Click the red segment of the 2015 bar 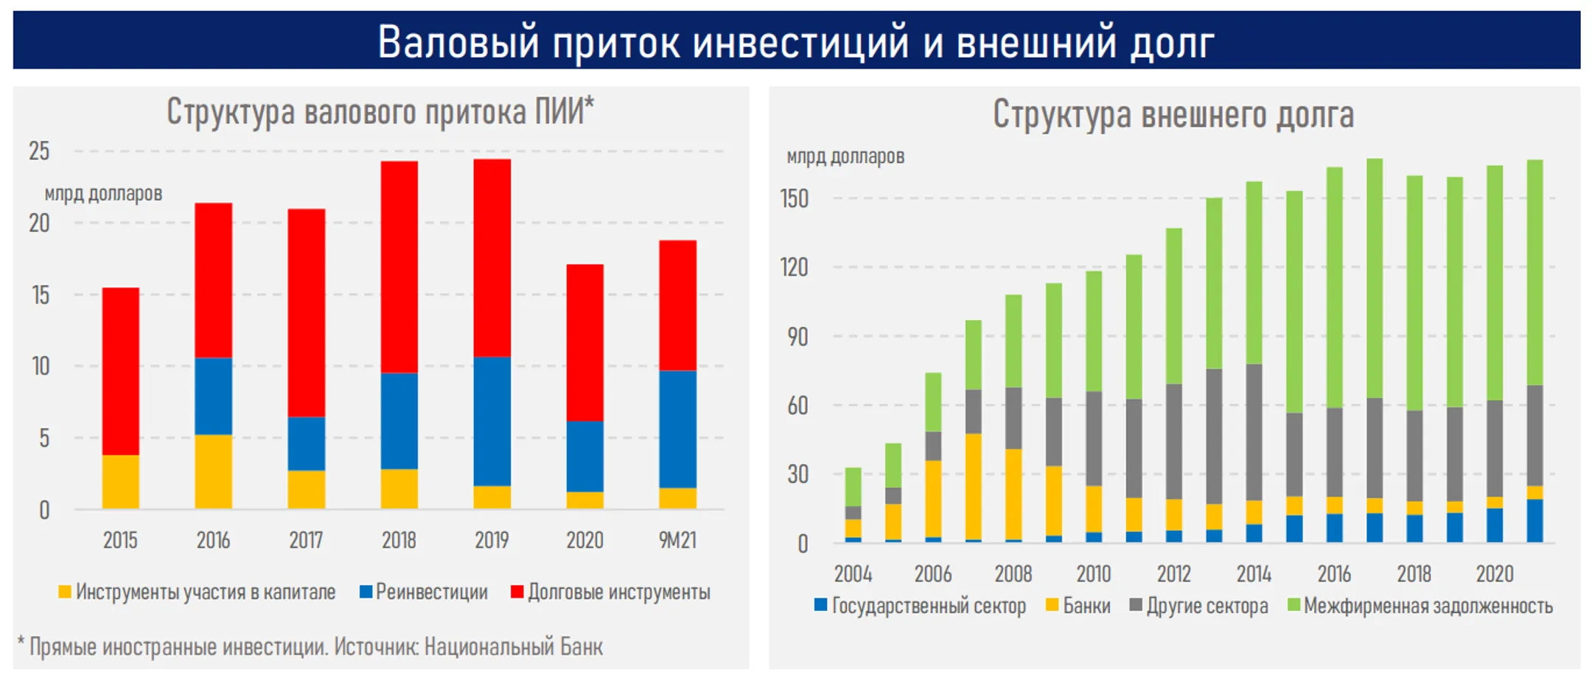(x=120, y=371)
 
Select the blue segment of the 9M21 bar (x=677, y=429)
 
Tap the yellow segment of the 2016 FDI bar (x=213, y=471)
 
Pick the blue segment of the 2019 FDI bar (x=492, y=421)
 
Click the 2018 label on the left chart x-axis (x=399, y=540)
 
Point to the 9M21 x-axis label (x=677, y=540)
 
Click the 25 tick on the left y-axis (x=39, y=151)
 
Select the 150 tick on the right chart (x=795, y=199)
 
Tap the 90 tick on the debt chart (x=797, y=337)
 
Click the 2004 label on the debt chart (x=853, y=573)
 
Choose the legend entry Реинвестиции (x=431, y=592)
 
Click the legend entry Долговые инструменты (x=618, y=592)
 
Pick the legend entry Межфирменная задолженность (x=1428, y=606)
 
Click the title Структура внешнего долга (x=1173, y=115)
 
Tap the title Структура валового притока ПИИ (x=380, y=112)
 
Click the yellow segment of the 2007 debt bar (x=973, y=486)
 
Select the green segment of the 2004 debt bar (x=853, y=486)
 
